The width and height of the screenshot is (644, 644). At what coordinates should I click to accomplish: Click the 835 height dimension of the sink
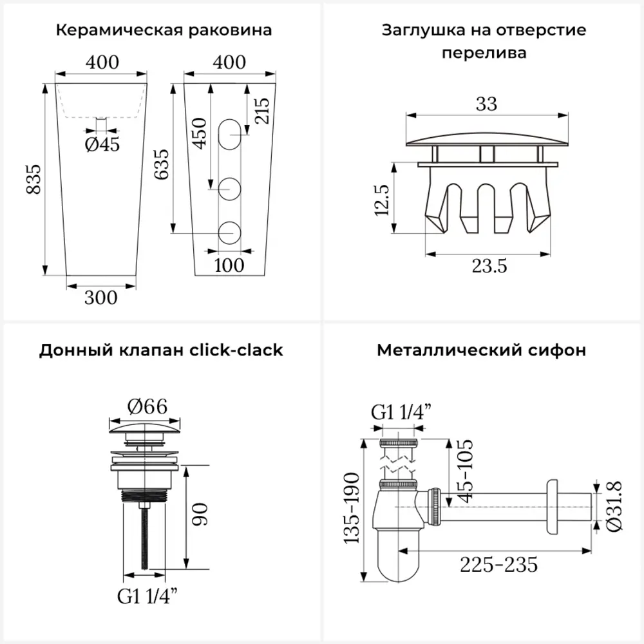[33, 179]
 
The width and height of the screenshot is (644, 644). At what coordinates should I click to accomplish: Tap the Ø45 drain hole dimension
[102, 144]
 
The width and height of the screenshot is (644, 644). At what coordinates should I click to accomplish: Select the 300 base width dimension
[101, 298]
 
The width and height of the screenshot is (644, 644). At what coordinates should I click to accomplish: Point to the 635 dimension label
[162, 164]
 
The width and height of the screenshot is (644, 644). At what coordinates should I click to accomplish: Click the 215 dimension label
[262, 111]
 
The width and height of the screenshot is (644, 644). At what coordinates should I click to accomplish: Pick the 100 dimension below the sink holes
[229, 265]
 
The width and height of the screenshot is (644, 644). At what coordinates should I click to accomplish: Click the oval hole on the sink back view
[230, 135]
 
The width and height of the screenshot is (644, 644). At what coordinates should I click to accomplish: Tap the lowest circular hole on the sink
[230, 233]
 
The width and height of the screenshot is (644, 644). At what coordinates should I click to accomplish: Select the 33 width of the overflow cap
[487, 104]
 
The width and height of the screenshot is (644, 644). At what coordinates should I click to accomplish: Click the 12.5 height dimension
[382, 200]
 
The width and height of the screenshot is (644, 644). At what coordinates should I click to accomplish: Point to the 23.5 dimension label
[489, 266]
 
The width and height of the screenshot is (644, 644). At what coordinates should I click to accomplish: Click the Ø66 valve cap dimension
[147, 406]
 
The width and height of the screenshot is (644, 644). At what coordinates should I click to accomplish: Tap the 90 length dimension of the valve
[200, 515]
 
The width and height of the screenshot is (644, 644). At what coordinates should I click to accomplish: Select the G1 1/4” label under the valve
[147, 596]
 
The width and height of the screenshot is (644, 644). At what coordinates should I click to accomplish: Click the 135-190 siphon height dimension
[352, 508]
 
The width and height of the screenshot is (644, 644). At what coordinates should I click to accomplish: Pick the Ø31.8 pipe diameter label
[614, 506]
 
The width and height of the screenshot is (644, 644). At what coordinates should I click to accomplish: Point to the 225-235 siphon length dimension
[498, 565]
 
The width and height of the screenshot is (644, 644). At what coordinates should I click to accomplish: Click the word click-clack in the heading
[236, 350]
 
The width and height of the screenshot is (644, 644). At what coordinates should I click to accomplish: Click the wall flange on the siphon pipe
[552, 507]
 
